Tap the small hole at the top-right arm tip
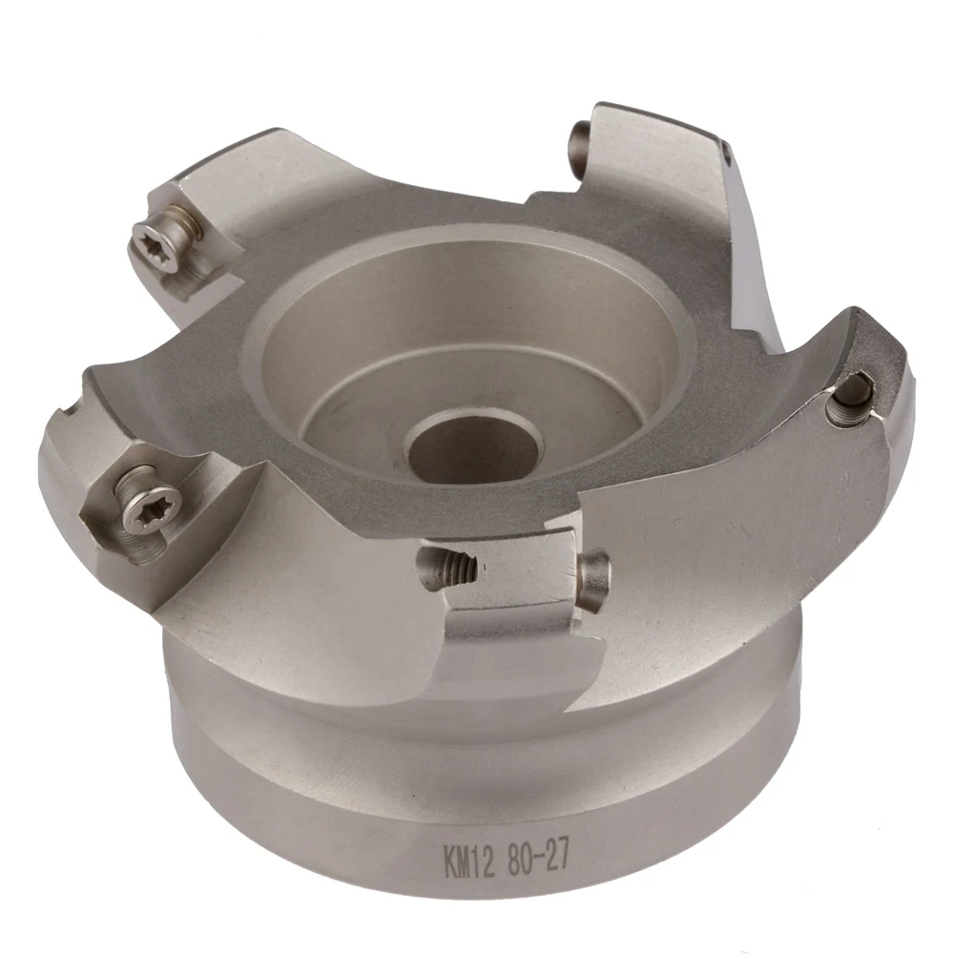tap(727, 150)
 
